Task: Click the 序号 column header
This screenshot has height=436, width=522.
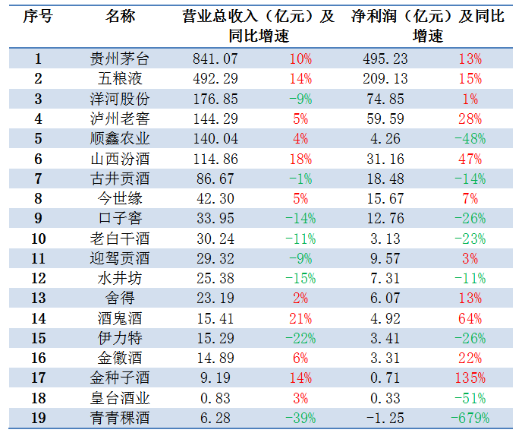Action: (x=38, y=17)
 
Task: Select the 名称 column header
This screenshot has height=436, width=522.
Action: (x=120, y=17)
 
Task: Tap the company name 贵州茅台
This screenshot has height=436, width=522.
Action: (x=120, y=58)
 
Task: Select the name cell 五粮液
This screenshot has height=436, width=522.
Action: (x=120, y=78)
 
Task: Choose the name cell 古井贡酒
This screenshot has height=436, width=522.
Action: (x=120, y=179)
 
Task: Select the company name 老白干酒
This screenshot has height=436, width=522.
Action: (x=120, y=239)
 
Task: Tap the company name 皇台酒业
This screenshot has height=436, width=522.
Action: (x=120, y=397)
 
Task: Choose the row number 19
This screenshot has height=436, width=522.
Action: (x=38, y=417)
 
